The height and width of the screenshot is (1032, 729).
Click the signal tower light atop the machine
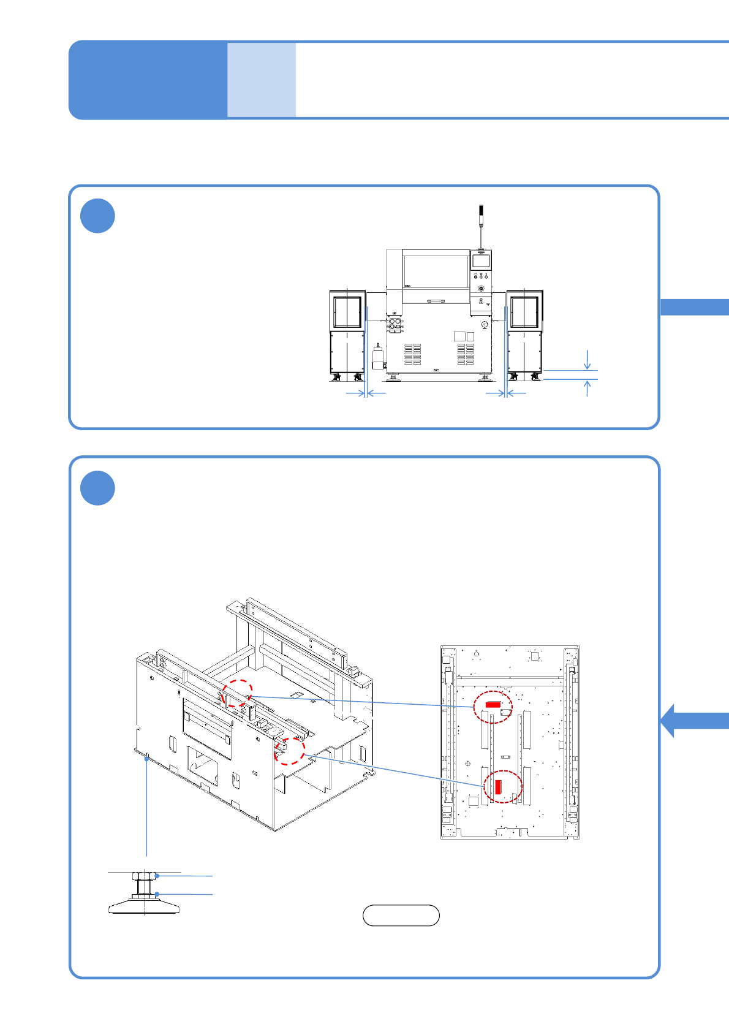[481, 214]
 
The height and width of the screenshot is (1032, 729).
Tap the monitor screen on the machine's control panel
[481, 261]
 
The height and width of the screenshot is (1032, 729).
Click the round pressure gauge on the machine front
[485, 324]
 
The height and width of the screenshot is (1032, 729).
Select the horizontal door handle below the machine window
[436, 301]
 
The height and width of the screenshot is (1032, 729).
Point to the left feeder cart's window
[347, 312]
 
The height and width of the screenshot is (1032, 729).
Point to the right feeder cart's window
[525, 312]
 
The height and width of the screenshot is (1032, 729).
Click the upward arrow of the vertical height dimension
[587, 388]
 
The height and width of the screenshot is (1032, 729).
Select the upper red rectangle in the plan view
[493, 705]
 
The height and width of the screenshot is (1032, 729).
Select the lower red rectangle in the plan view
[498, 786]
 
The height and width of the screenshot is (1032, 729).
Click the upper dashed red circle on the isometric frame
[237, 694]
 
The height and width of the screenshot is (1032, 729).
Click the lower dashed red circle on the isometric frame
[289, 751]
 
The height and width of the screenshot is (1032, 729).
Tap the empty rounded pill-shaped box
[401, 915]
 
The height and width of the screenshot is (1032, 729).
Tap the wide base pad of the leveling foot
[145, 906]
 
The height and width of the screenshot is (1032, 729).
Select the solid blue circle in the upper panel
[98, 216]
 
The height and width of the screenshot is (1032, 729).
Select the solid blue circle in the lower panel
[98, 488]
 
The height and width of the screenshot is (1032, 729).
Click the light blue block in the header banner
[262, 80]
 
